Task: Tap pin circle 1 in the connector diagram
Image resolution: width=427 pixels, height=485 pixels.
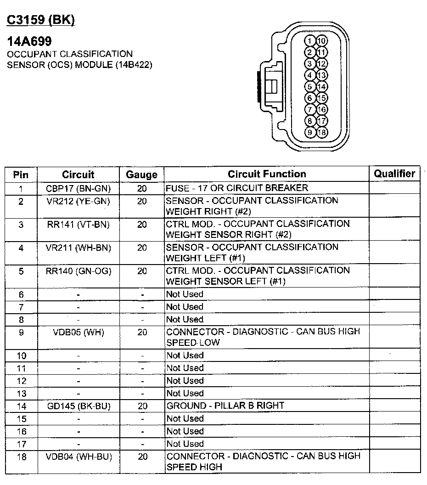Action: tap(310, 41)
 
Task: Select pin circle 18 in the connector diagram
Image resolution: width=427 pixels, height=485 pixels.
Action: tap(322, 132)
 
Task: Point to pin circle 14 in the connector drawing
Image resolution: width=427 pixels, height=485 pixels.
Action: tap(322, 86)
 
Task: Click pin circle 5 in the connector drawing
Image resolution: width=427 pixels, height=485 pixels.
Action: tap(310, 86)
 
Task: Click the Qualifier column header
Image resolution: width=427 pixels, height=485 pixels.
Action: tap(394, 174)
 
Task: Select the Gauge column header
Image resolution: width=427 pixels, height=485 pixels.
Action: tap(141, 175)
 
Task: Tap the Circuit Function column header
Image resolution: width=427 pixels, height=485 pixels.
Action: tap(267, 174)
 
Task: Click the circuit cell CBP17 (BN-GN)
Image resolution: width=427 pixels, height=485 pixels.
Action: tap(78, 188)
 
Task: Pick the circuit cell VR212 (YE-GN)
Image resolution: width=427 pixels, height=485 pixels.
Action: tap(78, 201)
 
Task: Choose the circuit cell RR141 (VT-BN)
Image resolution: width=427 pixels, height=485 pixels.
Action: tap(78, 225)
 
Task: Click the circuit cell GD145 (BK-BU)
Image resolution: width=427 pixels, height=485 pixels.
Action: tap(78, 406)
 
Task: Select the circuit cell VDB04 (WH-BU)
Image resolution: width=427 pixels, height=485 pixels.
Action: tap(78, 457)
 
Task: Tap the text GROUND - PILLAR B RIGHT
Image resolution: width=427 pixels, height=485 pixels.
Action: tap(225, 406)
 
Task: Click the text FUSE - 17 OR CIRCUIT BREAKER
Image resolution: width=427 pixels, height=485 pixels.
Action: tap(237, 188)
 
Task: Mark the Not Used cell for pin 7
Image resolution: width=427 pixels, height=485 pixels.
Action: tap(185, 307)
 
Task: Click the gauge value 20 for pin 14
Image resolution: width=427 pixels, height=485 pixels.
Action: tap(142, 406)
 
